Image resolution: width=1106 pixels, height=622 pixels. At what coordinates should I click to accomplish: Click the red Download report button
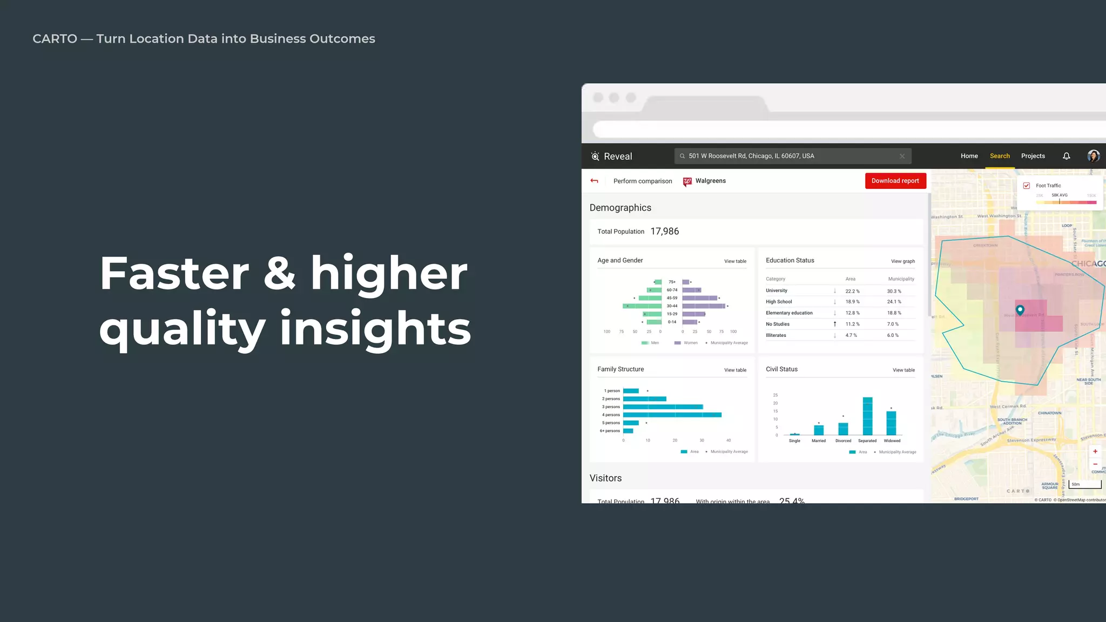pos(895,181)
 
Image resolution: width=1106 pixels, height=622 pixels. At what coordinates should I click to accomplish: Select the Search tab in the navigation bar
pos(1000,156)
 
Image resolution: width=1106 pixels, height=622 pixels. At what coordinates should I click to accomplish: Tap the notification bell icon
pos(1066,156)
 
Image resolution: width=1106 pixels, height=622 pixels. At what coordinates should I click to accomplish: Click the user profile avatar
pos(1093,156)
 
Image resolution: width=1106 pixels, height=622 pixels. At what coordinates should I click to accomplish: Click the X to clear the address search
pos(902,156)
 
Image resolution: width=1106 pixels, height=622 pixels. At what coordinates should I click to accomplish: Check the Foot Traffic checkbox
pos(1027,186)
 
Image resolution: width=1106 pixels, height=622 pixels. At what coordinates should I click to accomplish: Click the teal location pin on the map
pos(1020,310)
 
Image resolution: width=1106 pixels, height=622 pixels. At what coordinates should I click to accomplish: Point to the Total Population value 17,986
pos(664,232)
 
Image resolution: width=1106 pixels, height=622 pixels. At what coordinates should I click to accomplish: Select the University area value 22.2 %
pos(852,291)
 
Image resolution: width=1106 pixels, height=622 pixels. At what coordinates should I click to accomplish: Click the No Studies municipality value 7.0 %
pos(893,324)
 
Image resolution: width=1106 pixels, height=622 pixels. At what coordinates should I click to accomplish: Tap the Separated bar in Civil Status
pos(867,416)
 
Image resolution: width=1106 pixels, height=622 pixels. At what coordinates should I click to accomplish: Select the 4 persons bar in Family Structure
pos(672,415)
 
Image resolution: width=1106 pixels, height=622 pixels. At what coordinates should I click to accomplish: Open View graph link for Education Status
pos(902,261)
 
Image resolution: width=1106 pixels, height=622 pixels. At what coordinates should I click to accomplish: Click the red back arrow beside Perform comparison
pos(594,181)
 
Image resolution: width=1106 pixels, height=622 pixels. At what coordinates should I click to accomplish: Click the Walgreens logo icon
pos(687,181)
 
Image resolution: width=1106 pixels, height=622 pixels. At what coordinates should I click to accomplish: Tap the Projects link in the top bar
pos(1033,156)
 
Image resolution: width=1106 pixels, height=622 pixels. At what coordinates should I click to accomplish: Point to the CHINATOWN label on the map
pos(1049,413)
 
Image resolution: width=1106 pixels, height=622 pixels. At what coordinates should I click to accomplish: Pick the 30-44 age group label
pos(672,306)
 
